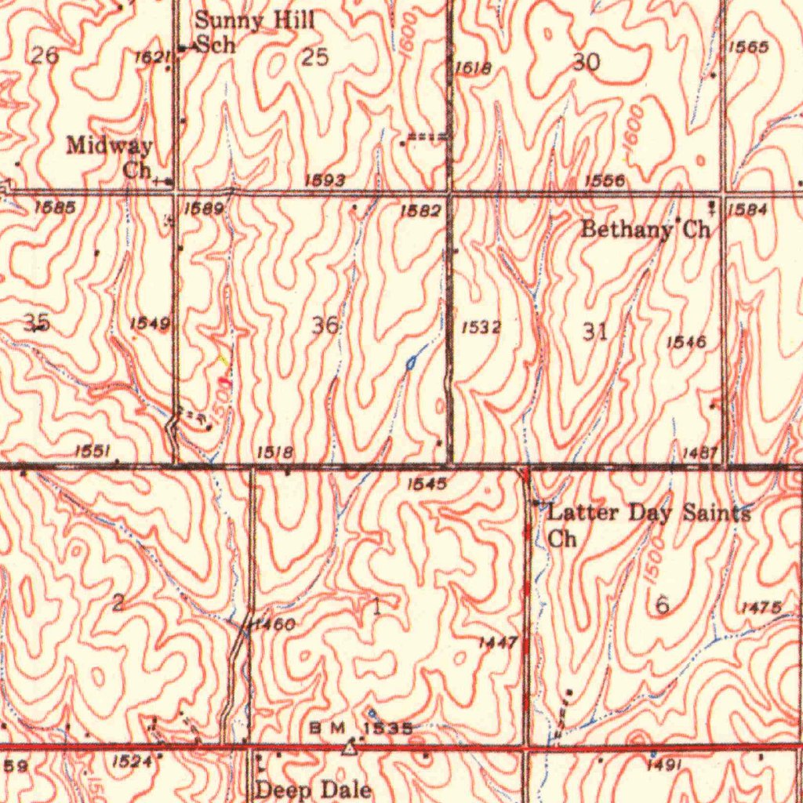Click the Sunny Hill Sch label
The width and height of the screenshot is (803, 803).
[x=253, y=31]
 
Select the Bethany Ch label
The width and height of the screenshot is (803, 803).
[x=645, y=230]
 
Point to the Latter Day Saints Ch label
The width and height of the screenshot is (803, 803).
[x=648, y=524]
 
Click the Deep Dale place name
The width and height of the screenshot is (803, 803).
[x=314, y=789]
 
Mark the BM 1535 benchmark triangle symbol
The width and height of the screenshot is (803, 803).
[x=349, y=750]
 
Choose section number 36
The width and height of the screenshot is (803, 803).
[x=325, y=325]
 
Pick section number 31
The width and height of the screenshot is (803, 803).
[x=595, y=331]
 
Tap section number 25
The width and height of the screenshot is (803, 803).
[x=314, y=57]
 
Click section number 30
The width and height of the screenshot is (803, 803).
[x=586, y=63]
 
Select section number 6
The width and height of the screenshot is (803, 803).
[x=663, y=605]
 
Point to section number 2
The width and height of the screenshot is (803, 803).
[x=118, y=602]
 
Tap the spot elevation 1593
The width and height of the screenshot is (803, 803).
[x=325, y=181]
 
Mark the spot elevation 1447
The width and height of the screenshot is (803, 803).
[x=498, y=643]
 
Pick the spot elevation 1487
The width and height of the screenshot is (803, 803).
[x=699, y=452]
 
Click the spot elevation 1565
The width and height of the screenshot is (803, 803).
[x=747, y=48]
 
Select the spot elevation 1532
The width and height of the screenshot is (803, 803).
[x=481, y=327]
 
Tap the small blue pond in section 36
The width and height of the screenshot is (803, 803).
[x=410, y=362]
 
